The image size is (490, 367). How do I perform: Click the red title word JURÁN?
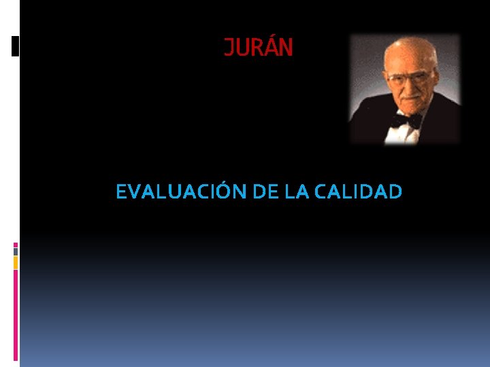point(259,48)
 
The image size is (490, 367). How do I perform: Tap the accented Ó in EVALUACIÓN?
point(225,192)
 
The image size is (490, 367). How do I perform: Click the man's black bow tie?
point(406,121)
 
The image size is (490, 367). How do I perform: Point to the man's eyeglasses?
point(408,78)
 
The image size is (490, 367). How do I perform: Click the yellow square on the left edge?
point(16,262)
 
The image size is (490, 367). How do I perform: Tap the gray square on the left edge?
point(16,251)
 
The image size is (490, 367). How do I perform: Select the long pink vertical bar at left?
point(16,313)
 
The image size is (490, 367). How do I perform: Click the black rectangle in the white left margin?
point(15,46)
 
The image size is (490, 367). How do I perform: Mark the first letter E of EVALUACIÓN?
point(121,192)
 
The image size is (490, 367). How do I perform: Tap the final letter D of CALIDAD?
point(395,192)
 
